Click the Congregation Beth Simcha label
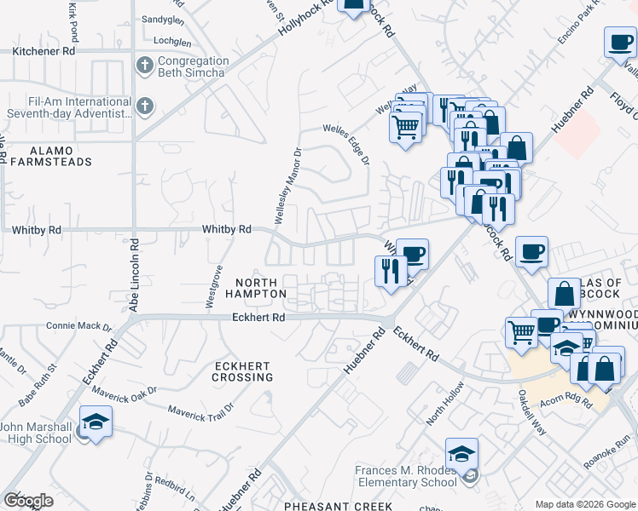pyautogui.click(x=193, y=66)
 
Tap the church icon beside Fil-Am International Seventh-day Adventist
pyautogui.click(x=145, y=106)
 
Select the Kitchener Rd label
pyautogui.click(x=43, y=51)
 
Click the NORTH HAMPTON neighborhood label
pyautogui.click(x=256, y=288)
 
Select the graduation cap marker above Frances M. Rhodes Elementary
pyautogui.click(x=461, y=453)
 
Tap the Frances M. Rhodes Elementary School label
pyautogui.click(x=412, y=476)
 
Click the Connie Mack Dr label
pyautogui.click(x=78, y=325)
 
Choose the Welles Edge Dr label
pyautogui.click(x=346, y=144)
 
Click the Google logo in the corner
pyautogui.click(x=28, y=501)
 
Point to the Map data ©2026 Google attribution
pyautogui.click(x=585, y=504)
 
